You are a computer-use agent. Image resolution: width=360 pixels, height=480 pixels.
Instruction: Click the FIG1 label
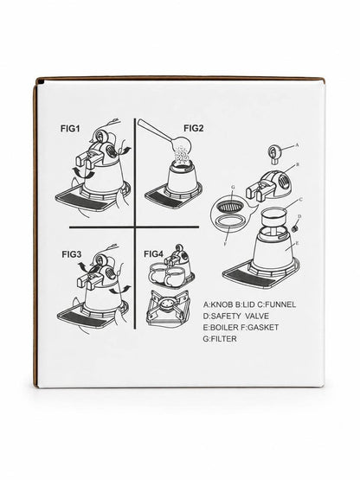coord(70,129)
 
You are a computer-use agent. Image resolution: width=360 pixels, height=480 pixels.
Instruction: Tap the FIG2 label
coord(194,128)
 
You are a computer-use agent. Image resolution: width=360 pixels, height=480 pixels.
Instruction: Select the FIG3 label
coord(72,254)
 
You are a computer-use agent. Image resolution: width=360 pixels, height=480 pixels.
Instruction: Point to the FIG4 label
coord(154,253)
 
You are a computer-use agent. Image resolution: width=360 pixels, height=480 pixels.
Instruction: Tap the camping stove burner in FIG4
coord(168,307)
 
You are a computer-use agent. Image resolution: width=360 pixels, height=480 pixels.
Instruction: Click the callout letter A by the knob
coord(297,145)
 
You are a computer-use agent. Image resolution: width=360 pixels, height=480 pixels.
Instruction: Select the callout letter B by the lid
coord(297,164)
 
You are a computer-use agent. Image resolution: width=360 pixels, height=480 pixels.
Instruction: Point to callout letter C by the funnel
coord(300,199)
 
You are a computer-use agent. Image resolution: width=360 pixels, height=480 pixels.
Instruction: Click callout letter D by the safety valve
coord(299,216)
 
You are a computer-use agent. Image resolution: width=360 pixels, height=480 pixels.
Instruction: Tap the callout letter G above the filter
coord(233,194)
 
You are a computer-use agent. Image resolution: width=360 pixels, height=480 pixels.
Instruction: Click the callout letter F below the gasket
coord(225,244)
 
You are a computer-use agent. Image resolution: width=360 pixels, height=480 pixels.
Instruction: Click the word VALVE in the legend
coord(257,316)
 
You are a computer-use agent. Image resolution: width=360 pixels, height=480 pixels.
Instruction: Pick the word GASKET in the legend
coord(263,327)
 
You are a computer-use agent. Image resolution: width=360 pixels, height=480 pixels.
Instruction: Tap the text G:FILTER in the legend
coord(220,339)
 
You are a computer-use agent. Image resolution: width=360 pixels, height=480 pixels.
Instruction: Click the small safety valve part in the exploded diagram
coord(295,228)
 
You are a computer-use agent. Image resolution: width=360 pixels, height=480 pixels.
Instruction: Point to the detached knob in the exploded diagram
coord(273,153)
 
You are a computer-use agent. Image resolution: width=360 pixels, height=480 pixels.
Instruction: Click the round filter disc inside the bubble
coord(231,206)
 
